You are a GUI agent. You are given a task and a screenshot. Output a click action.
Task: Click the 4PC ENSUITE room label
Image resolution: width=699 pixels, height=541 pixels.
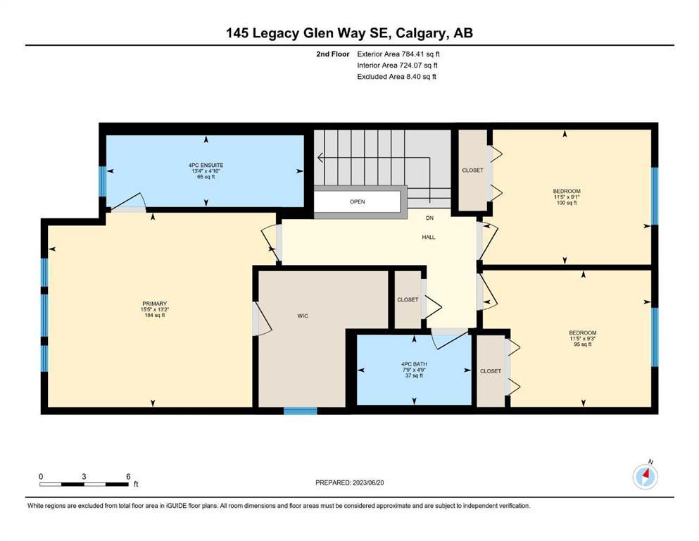coord(206,165)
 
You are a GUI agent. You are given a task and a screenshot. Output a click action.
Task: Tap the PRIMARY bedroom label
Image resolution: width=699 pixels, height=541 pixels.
coord(155,304)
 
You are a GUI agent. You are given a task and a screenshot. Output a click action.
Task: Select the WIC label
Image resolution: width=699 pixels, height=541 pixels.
coord(303,316)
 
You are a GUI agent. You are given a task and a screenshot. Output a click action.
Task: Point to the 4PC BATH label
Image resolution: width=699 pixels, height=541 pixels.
coord(414,364)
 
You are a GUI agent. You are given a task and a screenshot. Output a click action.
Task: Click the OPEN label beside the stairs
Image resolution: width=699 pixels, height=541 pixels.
coord(358,201)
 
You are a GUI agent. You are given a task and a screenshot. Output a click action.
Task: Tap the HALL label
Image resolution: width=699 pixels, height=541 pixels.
coord(429,237)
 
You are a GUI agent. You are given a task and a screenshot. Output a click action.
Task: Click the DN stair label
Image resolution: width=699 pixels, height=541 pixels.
coord(429,218)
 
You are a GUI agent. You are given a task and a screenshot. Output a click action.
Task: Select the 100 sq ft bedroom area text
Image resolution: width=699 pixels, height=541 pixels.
coord(567,203)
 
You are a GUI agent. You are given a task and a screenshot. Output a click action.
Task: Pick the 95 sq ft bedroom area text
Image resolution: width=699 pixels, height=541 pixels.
coord(583,344)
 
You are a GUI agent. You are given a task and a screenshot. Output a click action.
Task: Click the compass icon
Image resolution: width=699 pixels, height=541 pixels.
coord(646,476)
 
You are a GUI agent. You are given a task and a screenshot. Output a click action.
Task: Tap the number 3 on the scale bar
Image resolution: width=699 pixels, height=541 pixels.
coord(84,476)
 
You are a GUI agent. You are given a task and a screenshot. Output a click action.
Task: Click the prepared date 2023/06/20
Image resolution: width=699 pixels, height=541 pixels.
coord(368,483)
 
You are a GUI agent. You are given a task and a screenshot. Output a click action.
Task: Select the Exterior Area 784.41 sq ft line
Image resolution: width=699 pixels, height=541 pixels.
coord(398,54)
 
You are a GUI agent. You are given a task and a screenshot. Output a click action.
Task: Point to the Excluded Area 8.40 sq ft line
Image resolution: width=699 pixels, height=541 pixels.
coord(397,77)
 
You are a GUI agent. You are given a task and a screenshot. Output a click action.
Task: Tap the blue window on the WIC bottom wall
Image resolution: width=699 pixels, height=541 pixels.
coord(301,411)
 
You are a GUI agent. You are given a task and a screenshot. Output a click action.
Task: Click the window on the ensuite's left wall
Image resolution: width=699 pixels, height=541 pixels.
coord(102,181)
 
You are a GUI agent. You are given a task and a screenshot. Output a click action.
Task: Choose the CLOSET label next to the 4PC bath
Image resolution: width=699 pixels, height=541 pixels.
coord(491,371)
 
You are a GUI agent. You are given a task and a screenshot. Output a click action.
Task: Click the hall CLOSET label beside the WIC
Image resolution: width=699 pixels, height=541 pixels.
coord(408,299)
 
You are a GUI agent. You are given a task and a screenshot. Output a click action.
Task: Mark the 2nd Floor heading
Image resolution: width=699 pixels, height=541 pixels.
coord(332,54)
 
